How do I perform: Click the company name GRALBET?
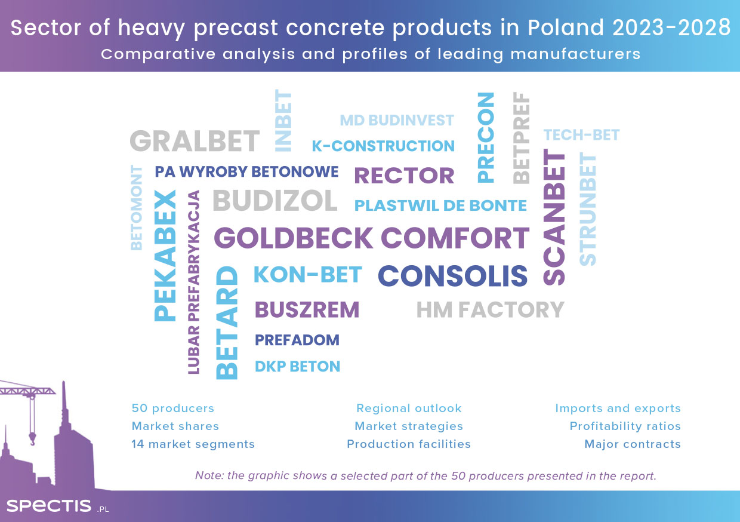(x=195, y=141)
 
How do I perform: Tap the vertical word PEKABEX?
(x=165, y=256)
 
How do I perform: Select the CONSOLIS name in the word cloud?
(x=452, y=276)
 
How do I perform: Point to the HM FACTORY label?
(x=491, y=310)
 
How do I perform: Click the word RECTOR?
(x=404, y=175)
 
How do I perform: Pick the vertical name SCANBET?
(x=554, y=217)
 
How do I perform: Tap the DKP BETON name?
(x=297, y=366)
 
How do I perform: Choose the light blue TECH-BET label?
(x=581, y=135)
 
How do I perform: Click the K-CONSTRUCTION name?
(x=383, y=146)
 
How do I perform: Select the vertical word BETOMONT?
(x=137, y=208)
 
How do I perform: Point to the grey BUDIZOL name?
(x=275, y=200)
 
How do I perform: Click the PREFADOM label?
(x=297, y=340)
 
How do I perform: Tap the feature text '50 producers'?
(x=173, y=409)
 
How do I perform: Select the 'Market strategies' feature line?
(x=409, y=426)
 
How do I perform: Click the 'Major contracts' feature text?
(x=633, y=444)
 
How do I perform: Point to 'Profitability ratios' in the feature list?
(x=625, y=426)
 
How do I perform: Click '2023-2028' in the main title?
(x=671, y=27)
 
